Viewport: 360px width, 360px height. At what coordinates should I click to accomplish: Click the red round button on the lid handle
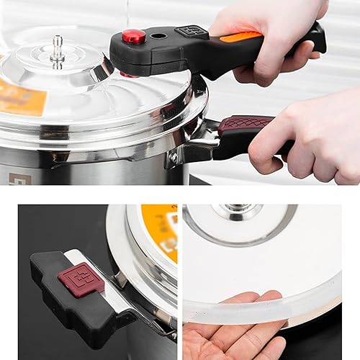(133, 36)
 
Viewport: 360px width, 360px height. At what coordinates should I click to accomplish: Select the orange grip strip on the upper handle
(241, 37)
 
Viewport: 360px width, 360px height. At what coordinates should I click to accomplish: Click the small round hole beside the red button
(159, 35)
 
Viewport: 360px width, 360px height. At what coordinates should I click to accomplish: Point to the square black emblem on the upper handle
(191, 31)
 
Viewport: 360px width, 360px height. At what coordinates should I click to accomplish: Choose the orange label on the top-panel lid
(20, 97)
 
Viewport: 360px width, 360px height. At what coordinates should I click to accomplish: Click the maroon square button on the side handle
(81, 279)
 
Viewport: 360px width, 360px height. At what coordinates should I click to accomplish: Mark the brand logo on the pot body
(17, 178)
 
